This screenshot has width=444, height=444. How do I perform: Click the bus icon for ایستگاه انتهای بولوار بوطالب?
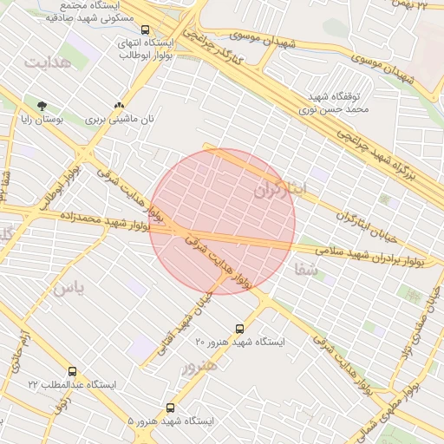click(x=144, y=29)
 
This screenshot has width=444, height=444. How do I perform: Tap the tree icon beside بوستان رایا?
click(x=42, y=107)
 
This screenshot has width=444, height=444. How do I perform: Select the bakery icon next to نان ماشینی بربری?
click(x=131, y=107)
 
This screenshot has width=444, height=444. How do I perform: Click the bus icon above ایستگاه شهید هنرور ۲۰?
click(x=239, y=329)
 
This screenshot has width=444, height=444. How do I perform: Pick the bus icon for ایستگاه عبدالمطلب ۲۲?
click(x=71, y=370)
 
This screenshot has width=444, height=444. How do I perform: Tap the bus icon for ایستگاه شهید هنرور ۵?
click(x=169, y=407)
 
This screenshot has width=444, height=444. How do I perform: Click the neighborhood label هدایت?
click(x=46, y=63)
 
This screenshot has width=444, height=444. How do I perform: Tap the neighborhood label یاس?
click(x=69, y=288)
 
